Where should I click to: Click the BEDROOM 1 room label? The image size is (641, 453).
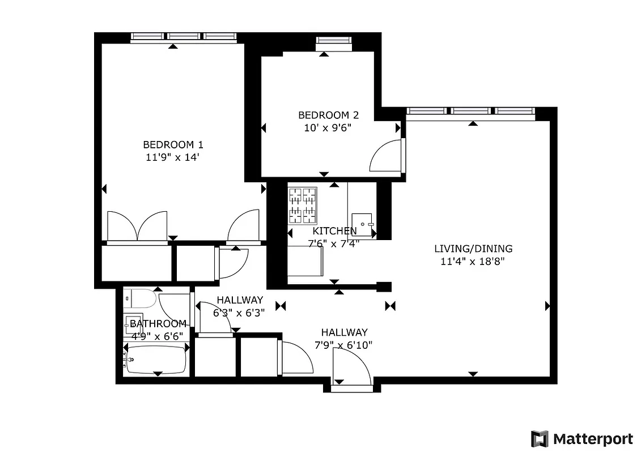(172, 144)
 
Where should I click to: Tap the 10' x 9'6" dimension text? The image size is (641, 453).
(328, 127)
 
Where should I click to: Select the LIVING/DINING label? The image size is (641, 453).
(473, 249)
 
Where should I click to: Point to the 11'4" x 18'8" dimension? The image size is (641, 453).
(472, 261)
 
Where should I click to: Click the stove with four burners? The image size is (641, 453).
(302, 206)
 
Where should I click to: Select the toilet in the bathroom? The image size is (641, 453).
(139, 297)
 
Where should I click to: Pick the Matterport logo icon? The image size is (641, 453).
(540, 439)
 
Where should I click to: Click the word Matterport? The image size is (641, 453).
(593, 439)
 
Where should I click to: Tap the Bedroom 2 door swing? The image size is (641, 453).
(387, 156)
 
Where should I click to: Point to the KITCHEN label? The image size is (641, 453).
(334, 231)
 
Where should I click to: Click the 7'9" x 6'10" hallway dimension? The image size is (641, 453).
(344, 344)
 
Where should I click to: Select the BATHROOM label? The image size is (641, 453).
(158, 324)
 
